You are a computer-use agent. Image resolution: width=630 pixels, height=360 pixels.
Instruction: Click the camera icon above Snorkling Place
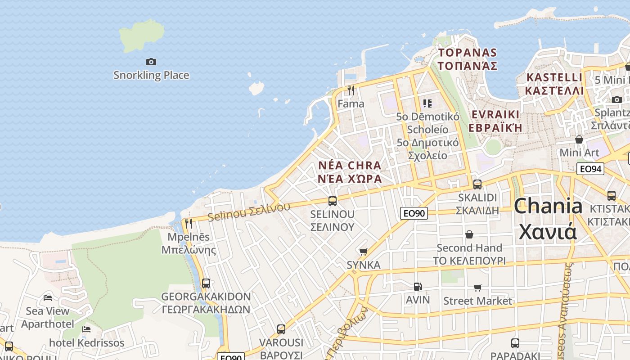point(151,62)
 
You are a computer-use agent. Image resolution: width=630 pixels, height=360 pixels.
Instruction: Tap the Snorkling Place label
point(151,75)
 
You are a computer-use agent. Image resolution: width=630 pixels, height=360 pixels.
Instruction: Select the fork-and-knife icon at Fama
point(351,90)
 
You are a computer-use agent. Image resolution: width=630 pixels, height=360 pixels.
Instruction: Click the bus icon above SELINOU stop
point(333,201)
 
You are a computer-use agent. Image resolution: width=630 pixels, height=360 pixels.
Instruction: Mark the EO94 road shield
point(590,169)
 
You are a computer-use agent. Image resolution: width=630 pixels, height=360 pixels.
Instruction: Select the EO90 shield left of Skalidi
point(414,213)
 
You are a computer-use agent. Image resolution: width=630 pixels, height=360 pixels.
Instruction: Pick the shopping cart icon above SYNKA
point(364,252)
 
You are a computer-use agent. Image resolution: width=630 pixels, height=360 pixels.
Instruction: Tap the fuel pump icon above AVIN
point(418,287)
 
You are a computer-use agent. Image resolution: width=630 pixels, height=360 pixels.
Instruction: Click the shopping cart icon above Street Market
point(477,288)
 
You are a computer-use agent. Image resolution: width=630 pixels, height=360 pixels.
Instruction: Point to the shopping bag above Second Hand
point(469,234)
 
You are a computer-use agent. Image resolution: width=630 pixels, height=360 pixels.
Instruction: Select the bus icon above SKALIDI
point(477,184)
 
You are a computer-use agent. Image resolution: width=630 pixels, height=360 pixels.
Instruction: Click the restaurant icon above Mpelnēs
point(189,223)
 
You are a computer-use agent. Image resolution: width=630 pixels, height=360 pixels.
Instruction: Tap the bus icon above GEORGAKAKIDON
point(206,283)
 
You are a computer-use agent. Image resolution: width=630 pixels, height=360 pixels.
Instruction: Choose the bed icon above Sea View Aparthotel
point(48,298)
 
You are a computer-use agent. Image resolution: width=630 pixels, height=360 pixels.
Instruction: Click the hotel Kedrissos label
point(86,343)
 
